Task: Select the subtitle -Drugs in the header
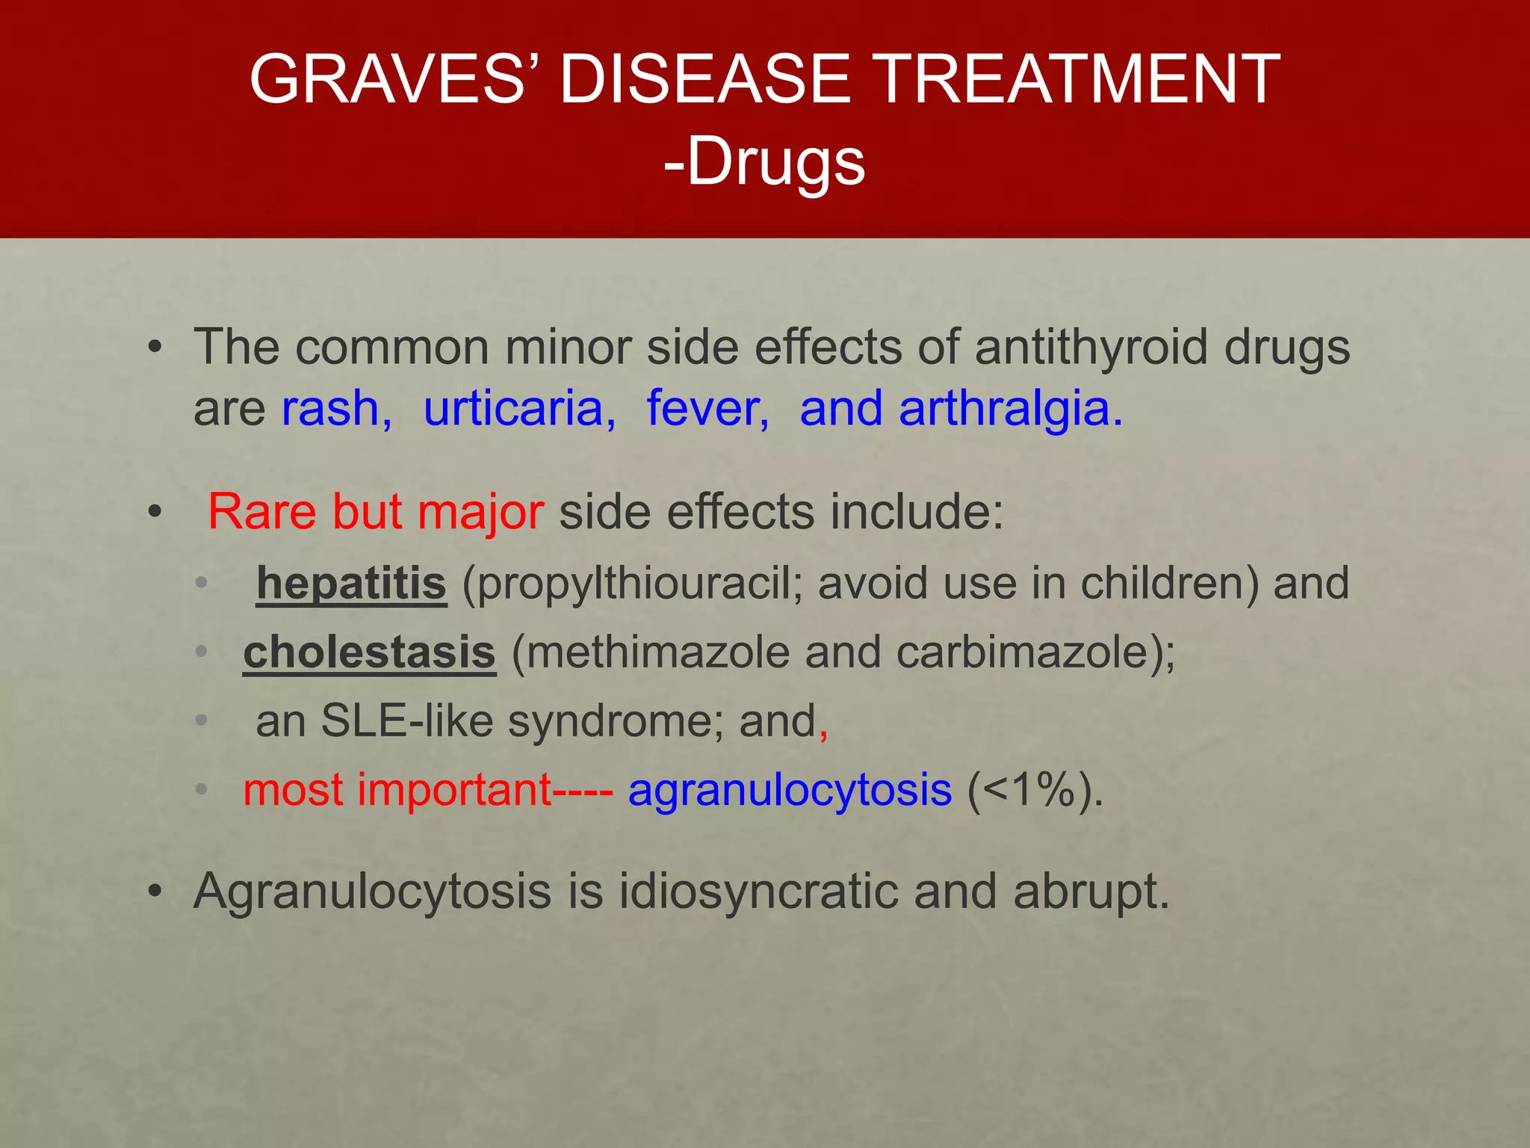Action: [764, 162]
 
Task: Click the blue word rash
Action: [335, 409]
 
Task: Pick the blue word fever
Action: [707, 409]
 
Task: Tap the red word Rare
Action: [262, 513]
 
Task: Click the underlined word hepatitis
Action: [351, 583]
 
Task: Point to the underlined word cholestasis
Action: [369, 652]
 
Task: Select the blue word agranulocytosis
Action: [790, 791]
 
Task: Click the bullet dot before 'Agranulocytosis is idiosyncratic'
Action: [155, 892]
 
